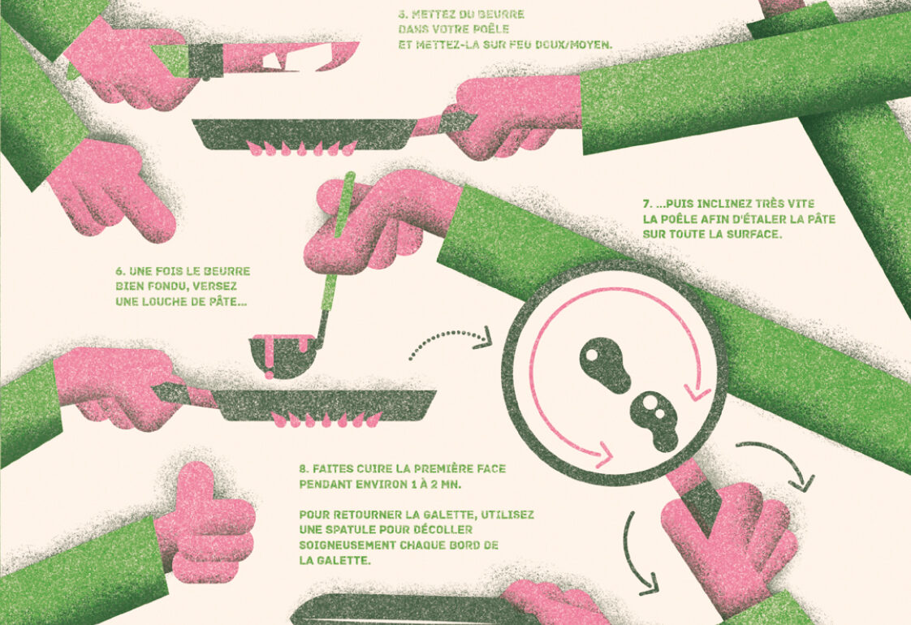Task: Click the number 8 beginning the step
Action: coord(303,469)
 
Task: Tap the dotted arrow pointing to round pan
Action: coord(451,342)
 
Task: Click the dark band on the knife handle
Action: coord(205,61)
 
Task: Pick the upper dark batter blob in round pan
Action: coord(605,363)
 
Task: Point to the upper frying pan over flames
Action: coord(305,134)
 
